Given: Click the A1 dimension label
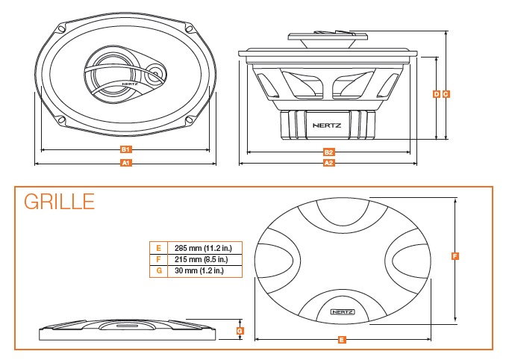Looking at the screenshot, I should [126, 162].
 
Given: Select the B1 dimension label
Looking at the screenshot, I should [126, 149].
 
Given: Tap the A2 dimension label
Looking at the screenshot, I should [328, 162].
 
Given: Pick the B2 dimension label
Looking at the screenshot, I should [328, 152].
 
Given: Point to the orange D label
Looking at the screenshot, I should [437, 94].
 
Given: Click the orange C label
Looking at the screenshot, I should [446, 94].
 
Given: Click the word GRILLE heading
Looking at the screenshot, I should [59, 202].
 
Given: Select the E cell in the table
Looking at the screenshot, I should [158, 247].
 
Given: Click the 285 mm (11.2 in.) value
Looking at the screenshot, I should [199, 247].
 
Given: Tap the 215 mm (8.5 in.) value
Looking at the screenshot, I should [198, 259].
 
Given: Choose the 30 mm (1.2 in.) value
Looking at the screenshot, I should [198, 271].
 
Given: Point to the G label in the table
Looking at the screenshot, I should [158, 271].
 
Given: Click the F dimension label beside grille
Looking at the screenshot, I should [455, 256].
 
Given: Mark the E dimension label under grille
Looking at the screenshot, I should [341, 340].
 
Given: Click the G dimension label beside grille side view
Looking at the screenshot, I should [239, 330].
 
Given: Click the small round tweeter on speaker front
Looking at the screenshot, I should [156, 74].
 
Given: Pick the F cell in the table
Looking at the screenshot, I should [158, 259].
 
